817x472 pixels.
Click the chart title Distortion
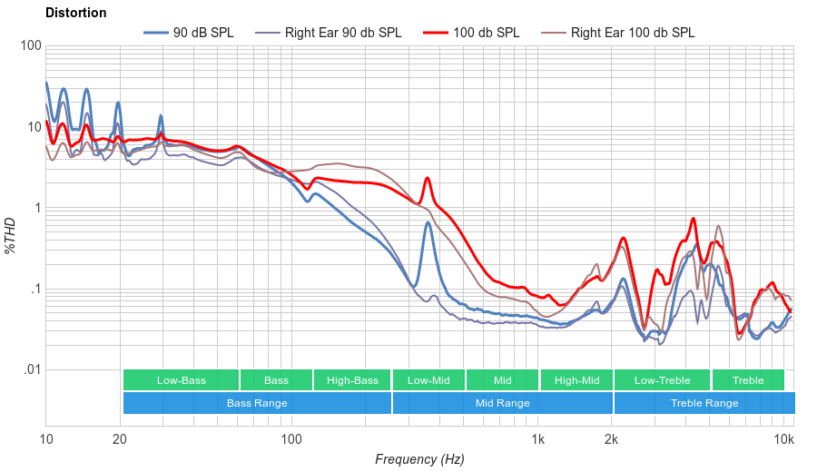click(75, 14)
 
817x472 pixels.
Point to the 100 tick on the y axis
click(29, 46)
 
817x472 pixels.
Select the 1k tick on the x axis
click(537, 440)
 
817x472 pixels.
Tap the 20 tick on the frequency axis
click(120, 440)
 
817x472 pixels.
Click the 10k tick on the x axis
click(784, 440)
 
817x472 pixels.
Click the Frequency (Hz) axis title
click(419, 459)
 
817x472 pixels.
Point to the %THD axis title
click(12, 235)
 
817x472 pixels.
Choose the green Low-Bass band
click(181, 380)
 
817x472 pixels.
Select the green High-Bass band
click(352, 380)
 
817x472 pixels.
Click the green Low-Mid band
click(428, 380)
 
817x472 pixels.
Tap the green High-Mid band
click(576, 380)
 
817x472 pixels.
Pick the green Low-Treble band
click(663, 380)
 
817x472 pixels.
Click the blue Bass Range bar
click(257, 403)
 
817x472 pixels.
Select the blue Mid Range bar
click(502, 403)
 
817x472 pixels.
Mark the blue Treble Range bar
click(704, 403)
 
